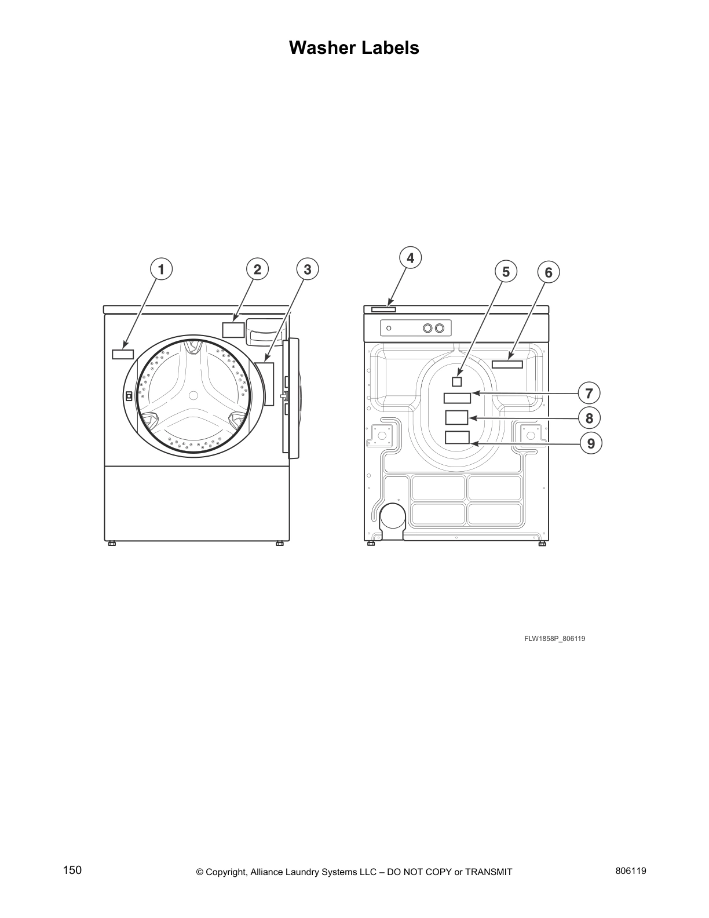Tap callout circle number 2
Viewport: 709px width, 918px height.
click(257, 269)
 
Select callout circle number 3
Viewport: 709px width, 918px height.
click(307, 269)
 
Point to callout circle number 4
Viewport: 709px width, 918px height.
click(410, 257)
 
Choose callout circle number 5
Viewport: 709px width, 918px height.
click(506, 271)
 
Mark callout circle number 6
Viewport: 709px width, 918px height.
click(549, 272)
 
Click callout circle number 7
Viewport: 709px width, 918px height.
click(589, 394)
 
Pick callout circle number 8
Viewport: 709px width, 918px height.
click(589, 418)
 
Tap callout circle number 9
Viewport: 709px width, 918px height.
click(591, 443)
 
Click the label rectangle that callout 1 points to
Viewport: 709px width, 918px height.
click(123, 354)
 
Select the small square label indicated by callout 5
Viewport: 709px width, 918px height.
click(456, 381)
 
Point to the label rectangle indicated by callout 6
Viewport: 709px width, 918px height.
click(507, 364)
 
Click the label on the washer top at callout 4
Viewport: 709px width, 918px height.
click(383, 309)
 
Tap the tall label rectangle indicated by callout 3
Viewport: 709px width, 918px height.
click(269, 384)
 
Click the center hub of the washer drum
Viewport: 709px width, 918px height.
click(193, 395)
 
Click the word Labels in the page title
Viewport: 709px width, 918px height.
click(390, 48)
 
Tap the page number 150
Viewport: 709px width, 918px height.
click(72, 870)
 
